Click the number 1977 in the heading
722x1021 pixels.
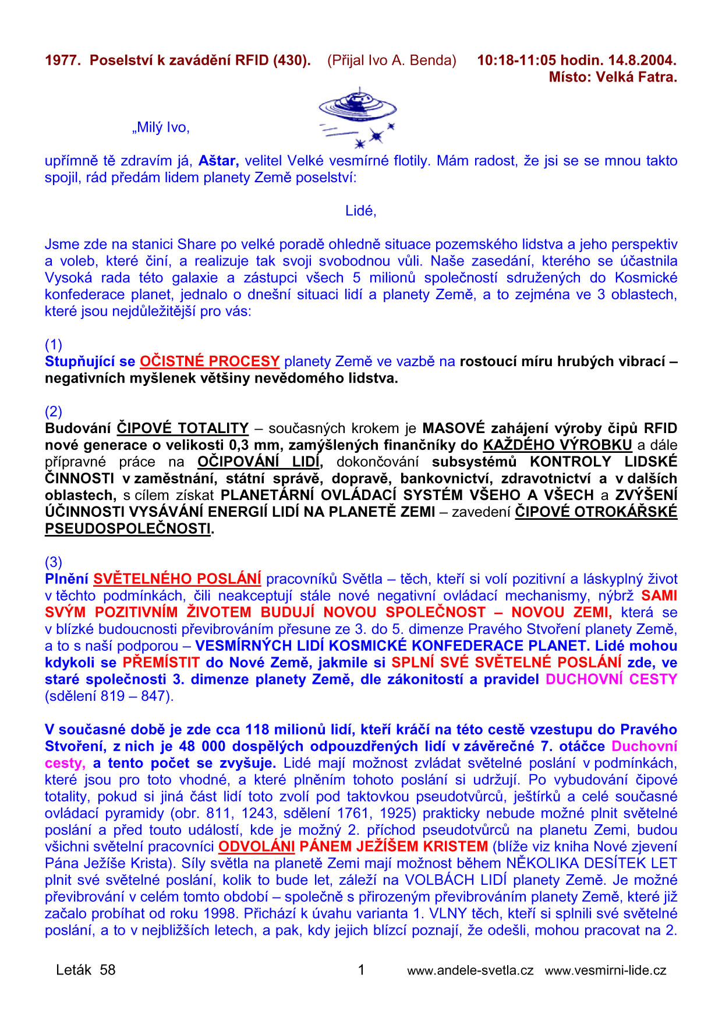click(x=62, y=60)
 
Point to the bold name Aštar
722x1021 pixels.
click(x=218, y=161)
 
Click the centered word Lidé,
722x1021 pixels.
click(x=361, y=211)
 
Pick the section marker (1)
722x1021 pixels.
click(x=54, y=345)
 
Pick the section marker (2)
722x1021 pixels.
click(x=54, y=412)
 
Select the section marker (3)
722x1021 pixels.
click(x=54, y=562)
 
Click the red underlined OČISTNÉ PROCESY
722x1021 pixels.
click(x=210, y=361)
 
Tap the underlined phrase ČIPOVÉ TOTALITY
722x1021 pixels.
click(x=183, y=428)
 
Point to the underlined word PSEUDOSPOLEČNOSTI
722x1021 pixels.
click(x=128, y=529)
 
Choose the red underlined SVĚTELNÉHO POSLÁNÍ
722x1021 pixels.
click(x=177, y=579)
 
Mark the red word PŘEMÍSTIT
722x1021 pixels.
click(x=161, y=662)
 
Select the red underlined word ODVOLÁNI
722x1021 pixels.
click(x=256, y=846)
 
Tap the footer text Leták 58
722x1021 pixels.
click(x=86, y=970)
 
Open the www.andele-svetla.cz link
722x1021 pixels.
click(x=470, y=970)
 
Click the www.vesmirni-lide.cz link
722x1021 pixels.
click(x=606, y=970)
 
